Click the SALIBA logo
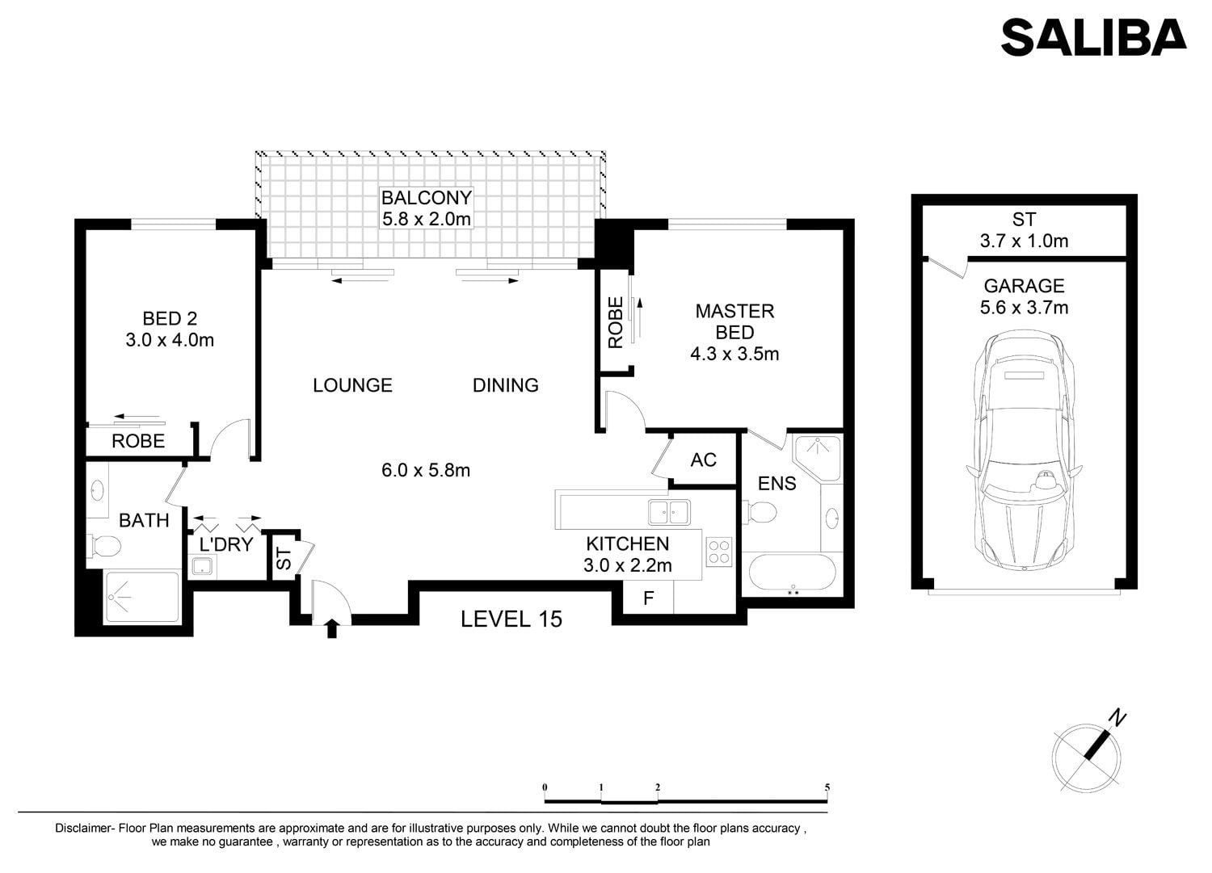(x=1093, y=37)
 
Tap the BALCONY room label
(x=427, y=198)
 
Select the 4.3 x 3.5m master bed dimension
(x=734, y=354)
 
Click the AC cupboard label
(x=704, y=460)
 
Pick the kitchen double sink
(x=669, y=512)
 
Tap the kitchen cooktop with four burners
(x=719, y=552)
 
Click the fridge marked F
(x=648, y=598)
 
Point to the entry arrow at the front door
(x=331, y=628)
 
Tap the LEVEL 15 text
(x=511, y=619)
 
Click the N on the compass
(x=1117, y=717)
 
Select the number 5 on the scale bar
(x=827, y=787)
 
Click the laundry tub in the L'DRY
(x=203, y=566)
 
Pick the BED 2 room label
(x=170, y=318)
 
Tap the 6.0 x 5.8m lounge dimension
(x=425, y=470)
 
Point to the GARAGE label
(x=1024, y=286)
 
